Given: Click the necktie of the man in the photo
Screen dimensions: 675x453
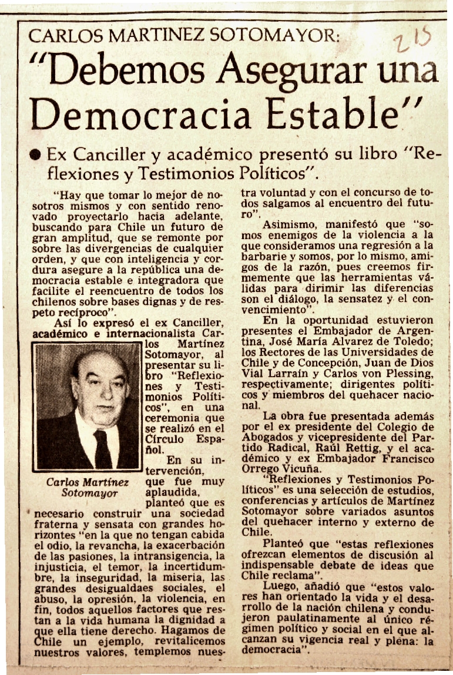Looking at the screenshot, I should click(103, 449).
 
